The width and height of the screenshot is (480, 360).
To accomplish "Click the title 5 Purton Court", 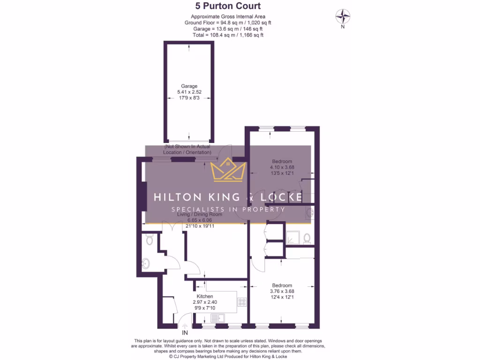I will (228, 6).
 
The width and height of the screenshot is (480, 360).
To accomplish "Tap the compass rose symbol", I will (343, 17).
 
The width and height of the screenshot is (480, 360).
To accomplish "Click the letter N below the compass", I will (343, 27).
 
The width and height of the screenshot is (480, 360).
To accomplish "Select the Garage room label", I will (189, 86).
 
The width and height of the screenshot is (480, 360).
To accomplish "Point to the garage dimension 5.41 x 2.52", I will (189, 92).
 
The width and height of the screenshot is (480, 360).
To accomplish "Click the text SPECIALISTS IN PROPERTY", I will (228, 210).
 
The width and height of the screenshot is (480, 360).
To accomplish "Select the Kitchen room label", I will (205, 296).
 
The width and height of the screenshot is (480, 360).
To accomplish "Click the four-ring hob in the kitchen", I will (242, 302).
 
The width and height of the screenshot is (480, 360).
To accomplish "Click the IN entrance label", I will (185, 333).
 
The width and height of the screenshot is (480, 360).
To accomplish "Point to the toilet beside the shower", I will (307, 239).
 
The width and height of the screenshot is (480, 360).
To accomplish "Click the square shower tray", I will (292, 238).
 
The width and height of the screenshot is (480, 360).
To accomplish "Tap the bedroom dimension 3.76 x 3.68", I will (282, 291).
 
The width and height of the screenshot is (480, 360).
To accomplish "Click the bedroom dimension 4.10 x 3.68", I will (282, 167).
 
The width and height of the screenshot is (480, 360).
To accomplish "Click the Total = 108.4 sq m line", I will (228, 35).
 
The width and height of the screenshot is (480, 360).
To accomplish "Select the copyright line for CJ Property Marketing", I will (228, 356).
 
